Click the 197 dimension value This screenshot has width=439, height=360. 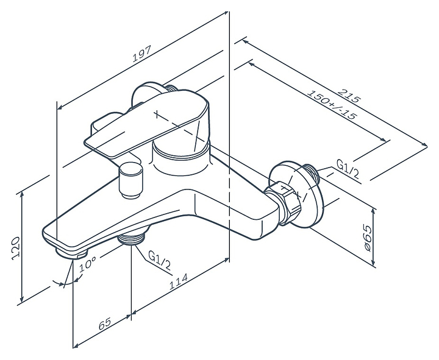click(141, 54)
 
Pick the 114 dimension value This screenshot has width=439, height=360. click(178, 281)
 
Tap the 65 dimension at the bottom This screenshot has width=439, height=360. click(105, 323)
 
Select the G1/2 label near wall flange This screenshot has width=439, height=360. click(348, 170)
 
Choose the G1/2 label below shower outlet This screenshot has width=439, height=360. click(159, 261)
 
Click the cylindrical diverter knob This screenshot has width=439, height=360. click(130, 180)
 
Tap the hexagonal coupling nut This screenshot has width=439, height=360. click(284, 203)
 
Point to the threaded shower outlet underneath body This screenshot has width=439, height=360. click(132, 239)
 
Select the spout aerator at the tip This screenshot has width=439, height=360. click(71, 254)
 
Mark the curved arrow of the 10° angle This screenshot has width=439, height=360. click(68, 283)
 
